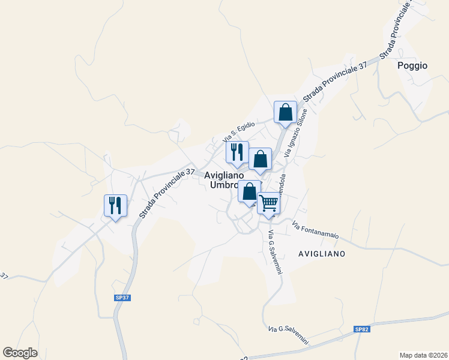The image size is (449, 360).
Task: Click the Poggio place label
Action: coord(412,66)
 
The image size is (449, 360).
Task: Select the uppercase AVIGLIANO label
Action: coord(322,254)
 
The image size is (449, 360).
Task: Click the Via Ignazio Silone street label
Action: coord(296,133)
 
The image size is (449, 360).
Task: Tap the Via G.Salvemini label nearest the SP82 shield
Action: coord(288,335)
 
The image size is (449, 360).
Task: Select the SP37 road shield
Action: coord(122,298)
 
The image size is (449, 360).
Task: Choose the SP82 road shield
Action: coord(361,329)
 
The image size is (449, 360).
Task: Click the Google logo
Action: coord(20,353)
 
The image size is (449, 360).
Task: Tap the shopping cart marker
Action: coord(268,203)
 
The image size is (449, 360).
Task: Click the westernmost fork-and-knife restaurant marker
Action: coord(113,205)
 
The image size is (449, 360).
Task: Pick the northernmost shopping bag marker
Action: coord(286,112)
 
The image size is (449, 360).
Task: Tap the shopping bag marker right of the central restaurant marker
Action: coord(260,159)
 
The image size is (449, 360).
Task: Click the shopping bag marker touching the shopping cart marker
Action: coord(250,191)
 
